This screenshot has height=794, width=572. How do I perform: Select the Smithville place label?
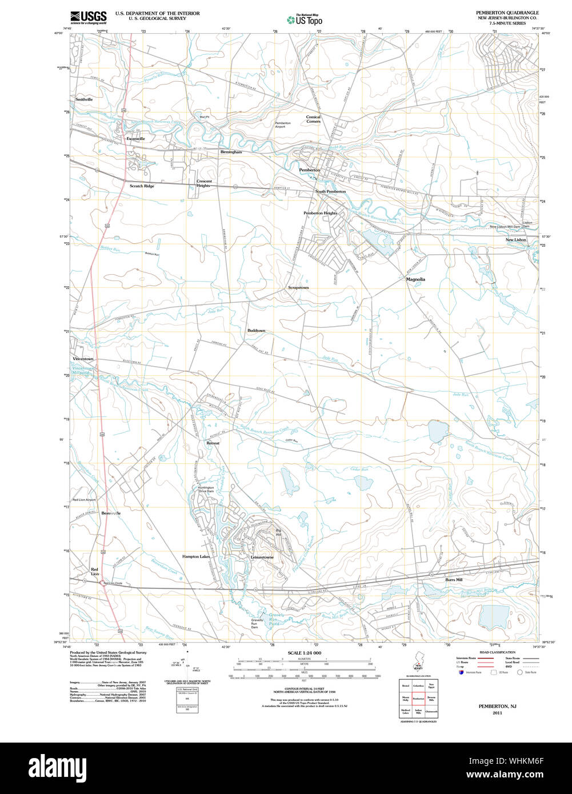click(84, 99)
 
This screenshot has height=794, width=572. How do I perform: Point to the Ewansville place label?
click(136, 138)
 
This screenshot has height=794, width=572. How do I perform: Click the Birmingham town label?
click(231, 152)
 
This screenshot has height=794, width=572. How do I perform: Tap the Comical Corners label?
click(313, 119)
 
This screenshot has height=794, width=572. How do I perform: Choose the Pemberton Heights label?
click(320, 213)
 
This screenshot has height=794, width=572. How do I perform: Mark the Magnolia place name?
click(415, 279)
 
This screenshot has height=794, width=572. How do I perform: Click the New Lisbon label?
click(515, 240)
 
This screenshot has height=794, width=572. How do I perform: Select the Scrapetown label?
click(298, 287)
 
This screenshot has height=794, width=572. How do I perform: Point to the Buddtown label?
click(256, 331)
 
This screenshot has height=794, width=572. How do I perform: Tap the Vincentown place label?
click(83, 359)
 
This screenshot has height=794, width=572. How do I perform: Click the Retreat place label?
click(213, 443)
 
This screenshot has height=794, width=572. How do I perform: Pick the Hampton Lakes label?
click(197, 556)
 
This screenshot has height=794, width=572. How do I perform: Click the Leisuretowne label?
click(262, 557)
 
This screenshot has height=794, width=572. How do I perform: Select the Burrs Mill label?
click(454, 580)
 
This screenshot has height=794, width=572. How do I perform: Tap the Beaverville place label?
click(111, 514)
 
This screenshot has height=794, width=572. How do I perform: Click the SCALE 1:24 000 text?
click(305, 653)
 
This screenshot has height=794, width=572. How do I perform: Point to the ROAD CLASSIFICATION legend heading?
click(498, 652)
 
